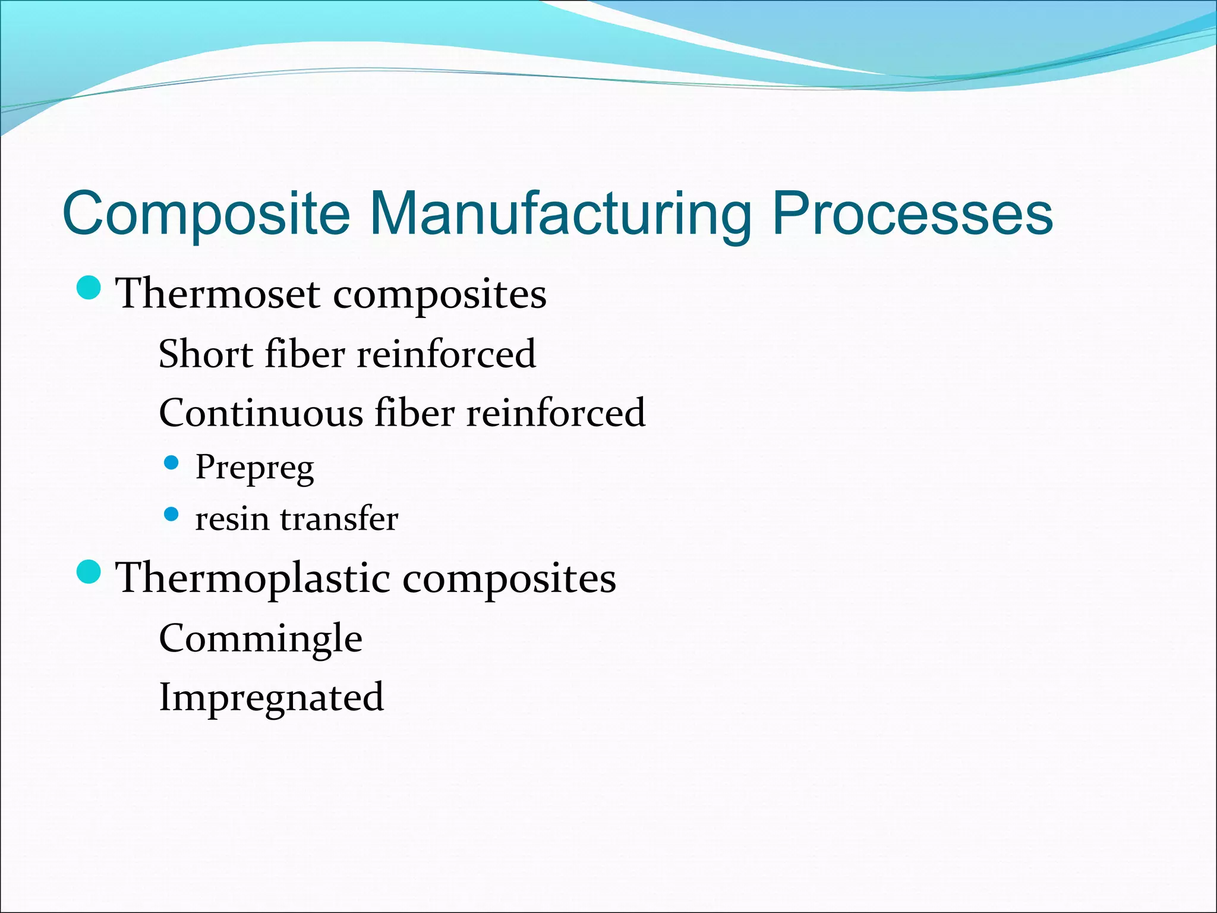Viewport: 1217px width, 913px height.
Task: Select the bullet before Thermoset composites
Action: pos(89,288)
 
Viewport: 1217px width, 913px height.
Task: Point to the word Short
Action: pos(206,354)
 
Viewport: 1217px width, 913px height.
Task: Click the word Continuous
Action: pos(261,413)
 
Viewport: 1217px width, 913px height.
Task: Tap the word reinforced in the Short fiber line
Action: pos(446,354)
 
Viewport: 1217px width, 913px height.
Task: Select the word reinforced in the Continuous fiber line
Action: pos(556,413)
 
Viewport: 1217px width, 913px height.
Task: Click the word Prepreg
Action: pos(254,467)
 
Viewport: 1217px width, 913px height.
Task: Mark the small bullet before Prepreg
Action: pos(171,462)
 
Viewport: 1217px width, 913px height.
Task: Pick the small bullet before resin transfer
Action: pos(171,514)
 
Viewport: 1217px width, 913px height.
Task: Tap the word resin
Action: pos(232,519)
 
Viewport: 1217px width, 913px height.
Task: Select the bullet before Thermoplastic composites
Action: pos(89,572)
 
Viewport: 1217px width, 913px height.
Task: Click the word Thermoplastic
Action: pos(253,578)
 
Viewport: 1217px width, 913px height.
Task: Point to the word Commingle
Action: pos(260,639)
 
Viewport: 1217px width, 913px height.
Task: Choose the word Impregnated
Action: pos(271,698)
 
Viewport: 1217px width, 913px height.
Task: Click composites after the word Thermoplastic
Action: pos(509,578)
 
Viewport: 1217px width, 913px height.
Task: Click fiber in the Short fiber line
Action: pos(304,354)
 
